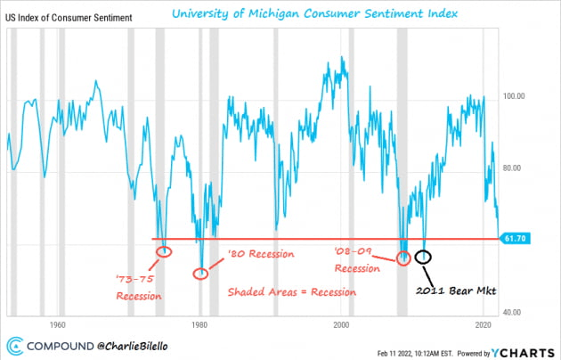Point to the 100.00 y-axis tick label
point(518,95)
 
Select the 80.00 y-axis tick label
point(518,168)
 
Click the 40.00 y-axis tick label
point(518,313)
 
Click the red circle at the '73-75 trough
point(164,251)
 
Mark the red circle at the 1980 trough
point(201,273)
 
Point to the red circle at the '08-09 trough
point(403,258)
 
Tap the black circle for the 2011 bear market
point(424,257)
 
